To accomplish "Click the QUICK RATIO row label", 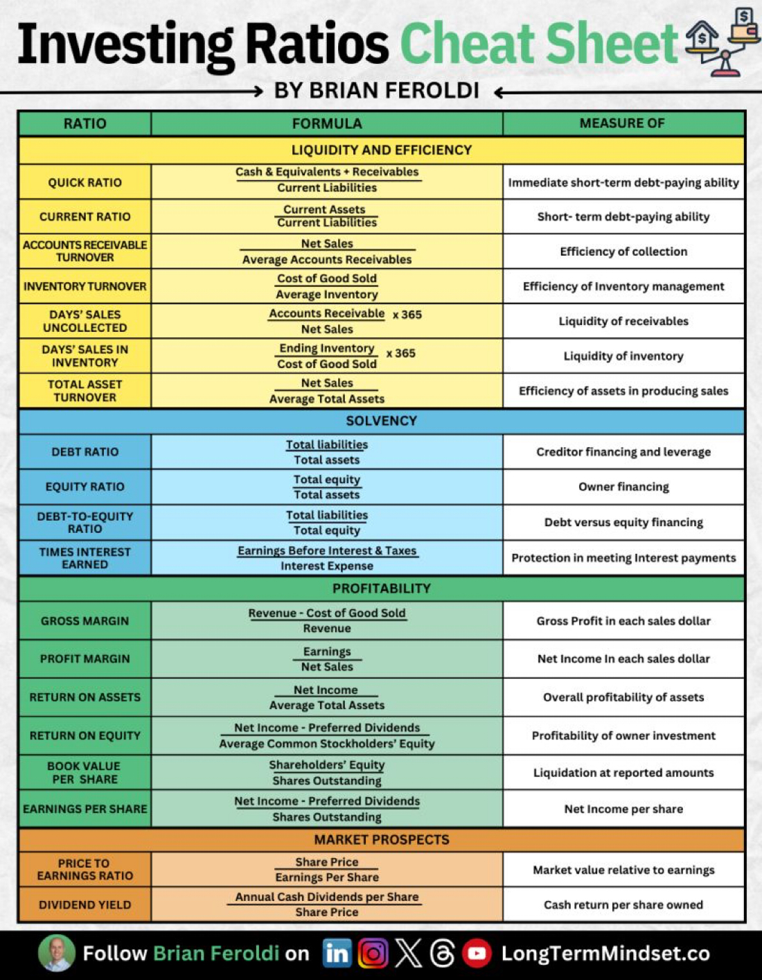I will pos(85,182).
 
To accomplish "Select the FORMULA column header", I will pos(327,123).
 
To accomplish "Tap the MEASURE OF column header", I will pos(622,123).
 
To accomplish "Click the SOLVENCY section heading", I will pos(381,421).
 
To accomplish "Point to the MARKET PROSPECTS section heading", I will pos(381,839).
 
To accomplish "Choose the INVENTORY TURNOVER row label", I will pos(85,286).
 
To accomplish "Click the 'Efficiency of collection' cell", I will pos(623,252).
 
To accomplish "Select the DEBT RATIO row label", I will pos(85,452).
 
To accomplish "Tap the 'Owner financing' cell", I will pos(623,487).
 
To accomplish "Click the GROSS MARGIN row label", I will pos(85,621).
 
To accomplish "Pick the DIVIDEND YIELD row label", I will pos(85,904).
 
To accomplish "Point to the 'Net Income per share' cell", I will pos(623,809).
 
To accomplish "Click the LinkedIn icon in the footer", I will pos(337,954).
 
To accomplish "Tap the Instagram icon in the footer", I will pos(373,954).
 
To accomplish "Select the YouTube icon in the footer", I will pos(477,954).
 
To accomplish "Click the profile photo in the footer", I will pos(57,954).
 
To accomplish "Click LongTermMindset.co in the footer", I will pos(605,954).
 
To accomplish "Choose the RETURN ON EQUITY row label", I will pos(85,735).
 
